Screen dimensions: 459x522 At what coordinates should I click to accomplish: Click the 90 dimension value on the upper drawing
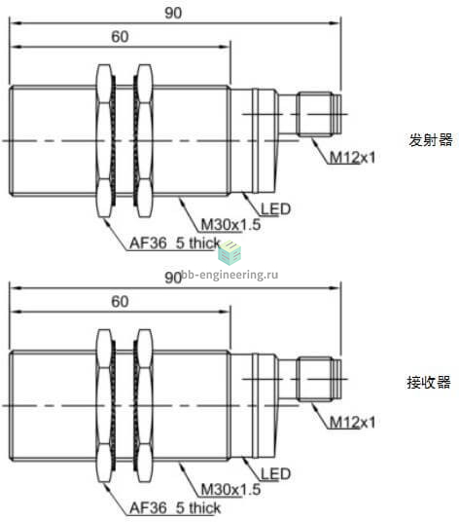tap(173, 13)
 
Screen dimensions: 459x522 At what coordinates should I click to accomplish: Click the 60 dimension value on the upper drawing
tap(120, 37)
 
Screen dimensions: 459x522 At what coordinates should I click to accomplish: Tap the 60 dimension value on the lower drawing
tap(120, 302)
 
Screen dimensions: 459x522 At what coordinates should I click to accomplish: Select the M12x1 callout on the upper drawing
tap(352, 157)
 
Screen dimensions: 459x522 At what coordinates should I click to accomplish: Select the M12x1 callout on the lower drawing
tap(352, 422)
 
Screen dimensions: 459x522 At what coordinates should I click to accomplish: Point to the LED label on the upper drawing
tap(276, 209)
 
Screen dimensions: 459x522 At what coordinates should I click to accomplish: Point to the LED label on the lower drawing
tap(276, 473)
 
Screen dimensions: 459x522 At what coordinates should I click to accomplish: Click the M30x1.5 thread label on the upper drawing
tap(231, 224)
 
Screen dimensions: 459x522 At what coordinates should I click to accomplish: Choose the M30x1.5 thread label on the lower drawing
tap(231, 489)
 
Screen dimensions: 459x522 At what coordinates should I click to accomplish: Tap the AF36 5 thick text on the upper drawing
tap(175, 243)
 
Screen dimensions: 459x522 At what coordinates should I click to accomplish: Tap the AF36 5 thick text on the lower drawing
tap(175, 508)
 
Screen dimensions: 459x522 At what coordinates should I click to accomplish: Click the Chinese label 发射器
tap(431, 140)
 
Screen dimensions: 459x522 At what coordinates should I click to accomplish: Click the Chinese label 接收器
tap(429, 382)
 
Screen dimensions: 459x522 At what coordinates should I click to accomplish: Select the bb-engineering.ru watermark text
tap(230, 275)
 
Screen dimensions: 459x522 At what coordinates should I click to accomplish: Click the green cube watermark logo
tap(229, 253)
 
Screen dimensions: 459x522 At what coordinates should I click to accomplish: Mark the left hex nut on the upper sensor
tap(105, 141)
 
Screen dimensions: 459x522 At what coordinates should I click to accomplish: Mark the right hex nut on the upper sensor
tap(144, 141)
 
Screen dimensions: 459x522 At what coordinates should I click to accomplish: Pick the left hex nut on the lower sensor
tap(105, 406)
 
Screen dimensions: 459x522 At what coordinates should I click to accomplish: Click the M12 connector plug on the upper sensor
tap(319, 114)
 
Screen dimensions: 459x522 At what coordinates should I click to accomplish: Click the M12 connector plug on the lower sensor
tap(319, 379)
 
